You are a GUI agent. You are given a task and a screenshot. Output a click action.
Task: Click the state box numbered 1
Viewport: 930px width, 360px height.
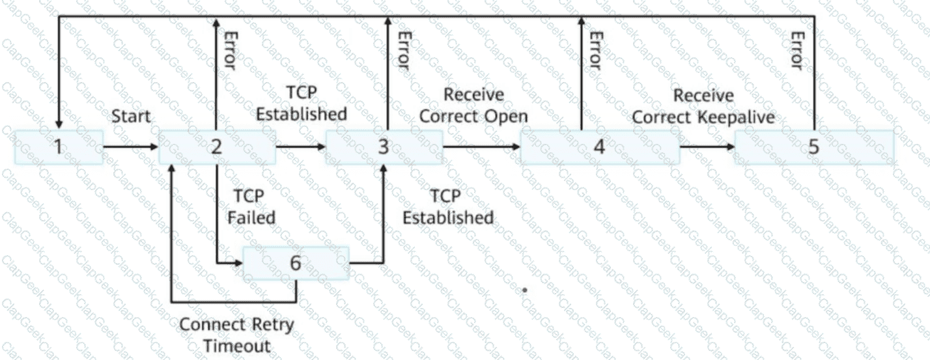click(x=59, y=147)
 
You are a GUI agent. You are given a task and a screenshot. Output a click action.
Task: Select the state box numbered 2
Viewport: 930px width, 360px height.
click(x=217, y=147)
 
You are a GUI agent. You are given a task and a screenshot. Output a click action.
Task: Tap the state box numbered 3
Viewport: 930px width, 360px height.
click(x=384, y=147)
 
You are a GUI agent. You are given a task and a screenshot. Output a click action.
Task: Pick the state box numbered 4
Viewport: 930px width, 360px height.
click(x=600, y=147)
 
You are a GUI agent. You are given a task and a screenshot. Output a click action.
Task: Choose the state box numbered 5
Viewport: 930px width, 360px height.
click(x=814, y=147)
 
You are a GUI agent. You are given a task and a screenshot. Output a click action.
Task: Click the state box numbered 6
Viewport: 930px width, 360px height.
click(x=296, y=263)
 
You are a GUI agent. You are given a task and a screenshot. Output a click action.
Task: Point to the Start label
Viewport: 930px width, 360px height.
click(x=131, y=117)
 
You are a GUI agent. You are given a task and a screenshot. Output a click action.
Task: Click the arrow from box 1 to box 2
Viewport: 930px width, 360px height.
click(x=131, y=146)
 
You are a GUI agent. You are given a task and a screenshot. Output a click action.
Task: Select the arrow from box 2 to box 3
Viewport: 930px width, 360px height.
click(x=301, y=146)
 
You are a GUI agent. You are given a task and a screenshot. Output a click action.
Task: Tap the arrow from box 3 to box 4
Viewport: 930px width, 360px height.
click(x=482, y=146)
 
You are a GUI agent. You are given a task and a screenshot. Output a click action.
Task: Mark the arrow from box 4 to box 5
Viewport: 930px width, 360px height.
click(x=707, y=146)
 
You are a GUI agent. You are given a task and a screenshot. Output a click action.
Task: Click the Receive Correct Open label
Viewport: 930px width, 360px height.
click(x=473, y=105)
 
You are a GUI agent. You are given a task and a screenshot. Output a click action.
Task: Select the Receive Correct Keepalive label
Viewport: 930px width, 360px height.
click(x=703, y=106)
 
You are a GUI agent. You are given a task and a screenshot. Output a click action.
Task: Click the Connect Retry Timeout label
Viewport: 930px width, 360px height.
click(x=236, y=335)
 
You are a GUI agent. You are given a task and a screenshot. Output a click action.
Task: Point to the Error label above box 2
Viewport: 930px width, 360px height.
click(x=230, y=51)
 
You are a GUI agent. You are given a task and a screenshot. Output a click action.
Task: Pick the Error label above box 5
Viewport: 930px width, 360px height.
click(x=797, y=51)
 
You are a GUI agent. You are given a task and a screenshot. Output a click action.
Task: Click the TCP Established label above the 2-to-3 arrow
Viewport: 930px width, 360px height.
click(x=302, y=104)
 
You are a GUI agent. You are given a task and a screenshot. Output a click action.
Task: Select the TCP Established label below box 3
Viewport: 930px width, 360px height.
click(x=448, y=207)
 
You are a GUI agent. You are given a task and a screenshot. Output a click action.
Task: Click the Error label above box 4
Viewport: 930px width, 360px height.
click(x=596, y=51)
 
